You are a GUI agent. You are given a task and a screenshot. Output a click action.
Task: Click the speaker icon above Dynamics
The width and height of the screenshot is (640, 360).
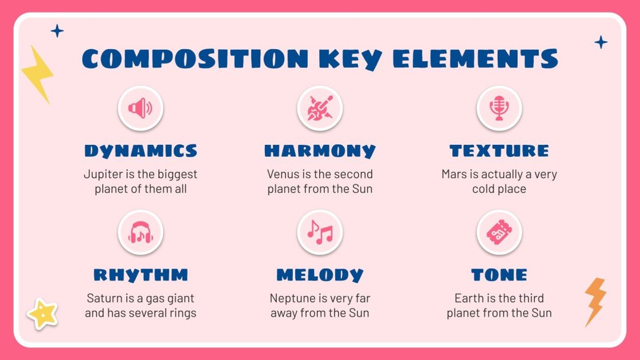pos(140,108)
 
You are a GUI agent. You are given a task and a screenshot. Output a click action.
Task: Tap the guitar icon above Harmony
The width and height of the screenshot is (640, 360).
pos(320,108)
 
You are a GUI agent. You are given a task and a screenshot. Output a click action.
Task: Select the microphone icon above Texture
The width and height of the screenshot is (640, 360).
pos(499,108)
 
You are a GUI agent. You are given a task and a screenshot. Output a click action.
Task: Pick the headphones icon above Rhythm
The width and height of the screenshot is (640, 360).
pos(140,232)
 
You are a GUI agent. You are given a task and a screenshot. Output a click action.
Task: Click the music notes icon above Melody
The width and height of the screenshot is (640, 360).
pos(320,232)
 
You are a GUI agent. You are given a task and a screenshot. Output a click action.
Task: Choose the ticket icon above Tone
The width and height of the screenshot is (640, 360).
pos(499,232)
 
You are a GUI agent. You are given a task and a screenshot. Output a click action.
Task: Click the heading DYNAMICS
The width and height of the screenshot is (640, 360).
pos(141,151)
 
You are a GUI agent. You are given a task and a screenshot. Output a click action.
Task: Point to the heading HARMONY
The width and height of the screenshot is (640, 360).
pos(320,151)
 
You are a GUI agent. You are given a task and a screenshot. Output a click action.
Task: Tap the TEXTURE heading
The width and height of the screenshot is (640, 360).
pos(499,151)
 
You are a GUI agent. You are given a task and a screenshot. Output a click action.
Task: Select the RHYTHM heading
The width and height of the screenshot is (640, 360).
pos(141,275)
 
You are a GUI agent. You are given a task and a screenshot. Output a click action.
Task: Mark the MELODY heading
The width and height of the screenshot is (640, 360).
pos(320,275)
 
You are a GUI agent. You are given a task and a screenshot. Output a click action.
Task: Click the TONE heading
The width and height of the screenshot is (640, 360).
pos(499,275)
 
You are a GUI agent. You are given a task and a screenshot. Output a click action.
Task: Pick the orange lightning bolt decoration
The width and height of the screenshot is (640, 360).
pos(594,300)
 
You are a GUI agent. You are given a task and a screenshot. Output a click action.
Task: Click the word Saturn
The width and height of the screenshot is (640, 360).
pos(105,298)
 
